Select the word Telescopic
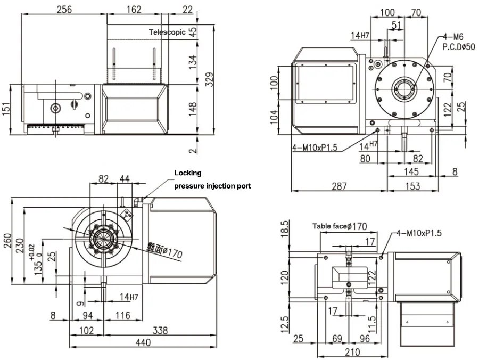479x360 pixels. (x=167, y=32)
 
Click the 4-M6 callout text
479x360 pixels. (x=453, y=37)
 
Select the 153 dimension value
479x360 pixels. (x=412, y=186)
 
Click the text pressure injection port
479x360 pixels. (x=212, y=186)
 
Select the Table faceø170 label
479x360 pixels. (x=340, y=226)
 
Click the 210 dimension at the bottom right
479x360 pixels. (x=352, y=352)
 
